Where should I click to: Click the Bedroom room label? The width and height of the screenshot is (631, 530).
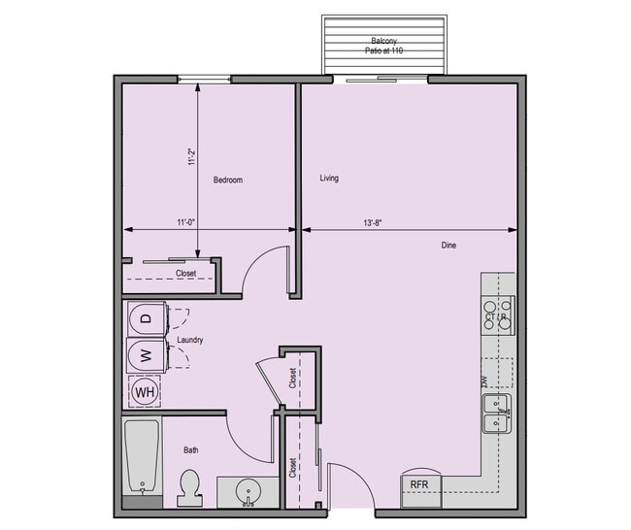227,180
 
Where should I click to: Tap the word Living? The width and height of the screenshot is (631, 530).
329,178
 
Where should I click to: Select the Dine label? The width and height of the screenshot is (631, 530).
448,246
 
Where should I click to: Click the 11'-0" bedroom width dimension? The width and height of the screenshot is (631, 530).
186,222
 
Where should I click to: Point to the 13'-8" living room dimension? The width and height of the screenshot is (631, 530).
373,222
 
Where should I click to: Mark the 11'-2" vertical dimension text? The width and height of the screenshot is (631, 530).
191,156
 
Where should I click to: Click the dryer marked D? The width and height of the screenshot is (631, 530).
147,317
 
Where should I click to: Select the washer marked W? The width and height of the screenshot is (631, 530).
147,354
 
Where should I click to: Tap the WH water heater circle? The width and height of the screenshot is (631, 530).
146,391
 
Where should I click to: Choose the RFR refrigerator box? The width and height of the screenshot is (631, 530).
419,483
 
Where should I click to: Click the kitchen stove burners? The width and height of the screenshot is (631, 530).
498,315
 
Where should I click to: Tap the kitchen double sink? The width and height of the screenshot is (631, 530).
498,414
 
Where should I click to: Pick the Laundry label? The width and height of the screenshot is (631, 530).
189,340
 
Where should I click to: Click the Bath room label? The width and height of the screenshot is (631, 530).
191,450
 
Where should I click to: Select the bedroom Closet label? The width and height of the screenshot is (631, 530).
185,274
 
